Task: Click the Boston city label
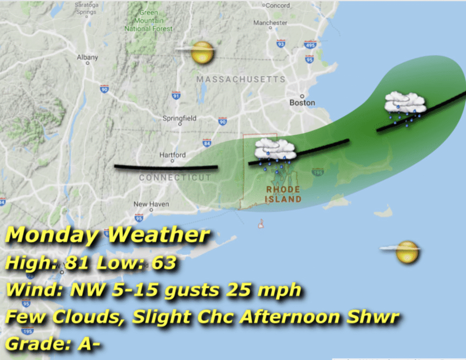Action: click(x=302, y=103)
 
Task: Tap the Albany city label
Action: click(x=87, y=57)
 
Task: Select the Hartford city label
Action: click(x=172, y=155)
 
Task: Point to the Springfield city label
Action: click(x=180, y=118)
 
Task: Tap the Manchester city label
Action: click(x=270, y=23)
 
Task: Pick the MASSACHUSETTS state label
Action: click(x=241, y=80)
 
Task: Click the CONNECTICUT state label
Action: click(x=175, y=177)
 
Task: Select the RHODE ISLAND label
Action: click(x=283, y=194)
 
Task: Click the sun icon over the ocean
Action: click(x=406, y=252)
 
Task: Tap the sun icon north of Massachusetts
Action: click(x=202, y=53)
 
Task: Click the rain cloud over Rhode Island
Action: click(x=275, y=150)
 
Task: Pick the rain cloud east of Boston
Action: click(x=405, y=104)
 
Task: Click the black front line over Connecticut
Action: click(x=166, y=167)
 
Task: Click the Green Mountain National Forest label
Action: click(x=148, y=20)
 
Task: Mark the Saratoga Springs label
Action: click(x=86, y=9)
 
